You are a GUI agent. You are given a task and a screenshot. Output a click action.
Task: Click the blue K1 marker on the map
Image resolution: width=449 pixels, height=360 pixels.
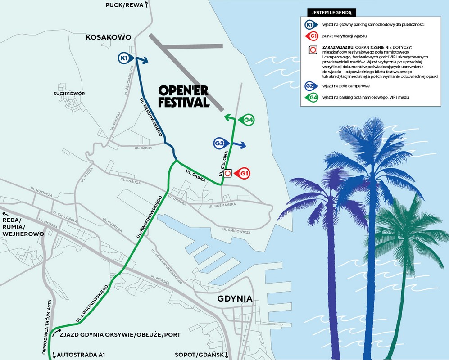coord(125,58)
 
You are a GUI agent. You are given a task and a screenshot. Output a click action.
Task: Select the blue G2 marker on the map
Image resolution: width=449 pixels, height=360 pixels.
coord(219,144)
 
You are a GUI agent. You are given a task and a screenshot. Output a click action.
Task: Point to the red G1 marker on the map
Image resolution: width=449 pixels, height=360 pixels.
coord(245,173)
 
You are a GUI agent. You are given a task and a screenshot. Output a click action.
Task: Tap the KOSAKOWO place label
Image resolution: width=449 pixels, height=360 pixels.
coord(108,38)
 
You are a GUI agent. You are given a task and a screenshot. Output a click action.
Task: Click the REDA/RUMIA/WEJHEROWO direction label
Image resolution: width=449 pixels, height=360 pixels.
coord(23,227)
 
